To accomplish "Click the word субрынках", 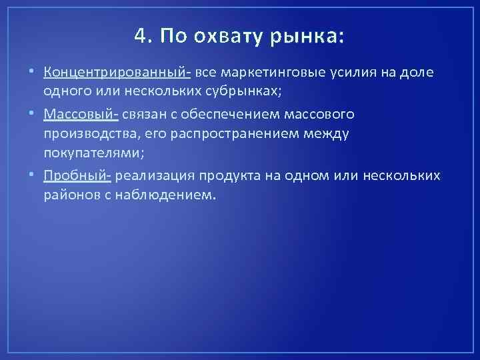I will (250, 89).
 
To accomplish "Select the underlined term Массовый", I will (79, 114).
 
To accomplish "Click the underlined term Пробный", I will (75, 175).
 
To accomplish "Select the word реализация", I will (151, 175).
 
